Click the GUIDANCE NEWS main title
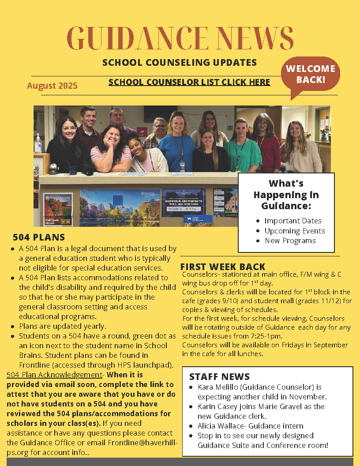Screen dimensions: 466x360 tap(180, 39)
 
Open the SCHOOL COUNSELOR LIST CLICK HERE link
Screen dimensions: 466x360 tap(189, 82)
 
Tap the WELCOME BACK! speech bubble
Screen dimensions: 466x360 tap(311, 74)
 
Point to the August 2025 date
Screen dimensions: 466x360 tap(52, 86)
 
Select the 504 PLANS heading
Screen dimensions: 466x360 tap(39, 237)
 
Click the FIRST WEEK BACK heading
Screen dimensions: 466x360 tap(223, 267)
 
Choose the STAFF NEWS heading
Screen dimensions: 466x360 tap(219, 376)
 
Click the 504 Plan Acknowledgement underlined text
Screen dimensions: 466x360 tap(54, 375)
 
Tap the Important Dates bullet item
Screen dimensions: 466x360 tap(293, 221)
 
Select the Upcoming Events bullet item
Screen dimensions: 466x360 tap(295, 231)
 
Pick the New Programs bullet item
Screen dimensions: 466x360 tap(290, 241)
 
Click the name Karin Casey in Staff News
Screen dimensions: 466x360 tap(217, 406)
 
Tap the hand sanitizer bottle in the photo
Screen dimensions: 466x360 tap(38, 144)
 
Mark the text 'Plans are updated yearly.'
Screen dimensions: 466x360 tap(62, 327)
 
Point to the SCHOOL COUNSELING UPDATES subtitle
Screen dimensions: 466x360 tap(180, 62)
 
